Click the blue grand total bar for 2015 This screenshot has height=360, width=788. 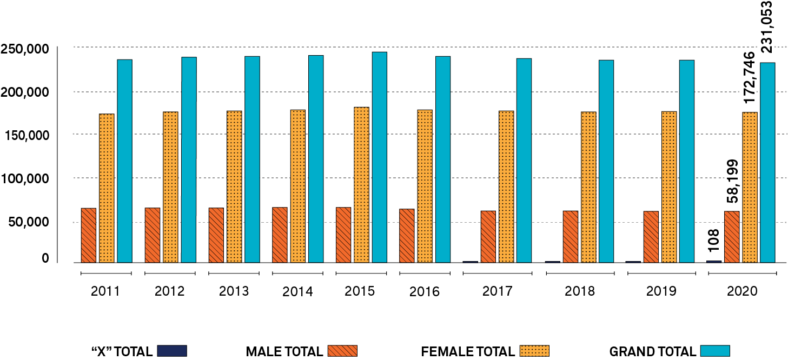point(379,157)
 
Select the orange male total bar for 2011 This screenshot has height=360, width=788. point(88,235)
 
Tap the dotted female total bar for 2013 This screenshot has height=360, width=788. point(234,186)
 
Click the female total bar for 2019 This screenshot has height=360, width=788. point(668,186)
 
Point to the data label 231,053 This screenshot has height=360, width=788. point(767,27)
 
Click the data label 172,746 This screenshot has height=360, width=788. point(749,77)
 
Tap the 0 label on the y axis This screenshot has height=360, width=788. point(45,259)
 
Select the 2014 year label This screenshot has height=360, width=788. point(297,292)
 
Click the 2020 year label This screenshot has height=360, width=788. point(742,291)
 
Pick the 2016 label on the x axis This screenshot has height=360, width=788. point(425,292)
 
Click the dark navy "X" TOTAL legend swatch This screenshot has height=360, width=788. point(172,351)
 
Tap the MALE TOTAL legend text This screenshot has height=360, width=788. point(284,351)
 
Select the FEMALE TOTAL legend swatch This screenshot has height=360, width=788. point(534,351)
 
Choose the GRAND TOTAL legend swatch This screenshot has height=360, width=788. point(714,351)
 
